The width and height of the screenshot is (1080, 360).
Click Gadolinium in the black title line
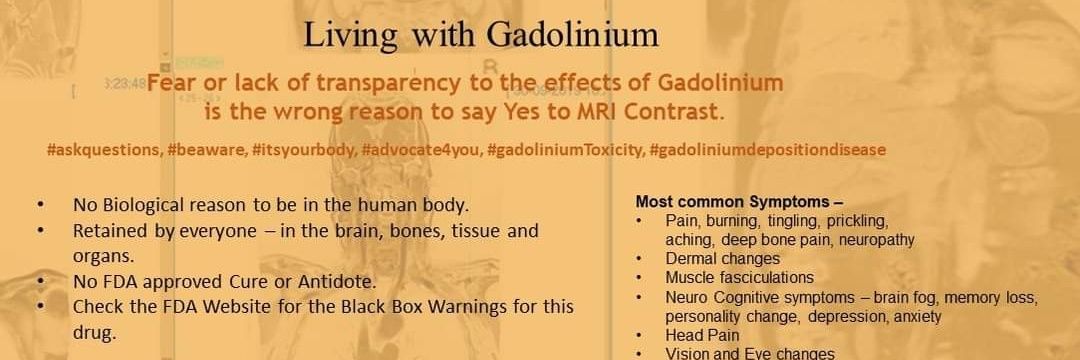coord(573,35)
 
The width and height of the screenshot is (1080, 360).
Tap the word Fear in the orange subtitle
coord(175,83)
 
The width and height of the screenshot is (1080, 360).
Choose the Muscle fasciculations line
coord(739,278)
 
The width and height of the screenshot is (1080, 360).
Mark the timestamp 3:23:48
coord(125,84)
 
